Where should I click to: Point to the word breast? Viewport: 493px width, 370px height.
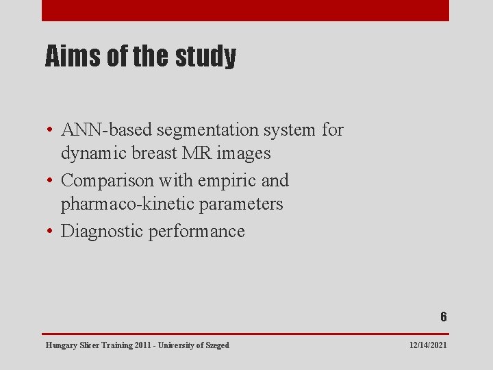click(x=147, y=153)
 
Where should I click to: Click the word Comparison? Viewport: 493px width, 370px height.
click(x=107, y=180)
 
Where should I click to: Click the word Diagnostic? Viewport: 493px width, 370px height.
click(x=101, y=231)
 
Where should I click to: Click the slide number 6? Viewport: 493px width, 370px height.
click(x=443, y=317)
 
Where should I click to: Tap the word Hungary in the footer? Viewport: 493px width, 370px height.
click(x=60, y=345)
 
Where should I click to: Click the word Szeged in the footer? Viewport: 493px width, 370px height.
click(x=217, y=345)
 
